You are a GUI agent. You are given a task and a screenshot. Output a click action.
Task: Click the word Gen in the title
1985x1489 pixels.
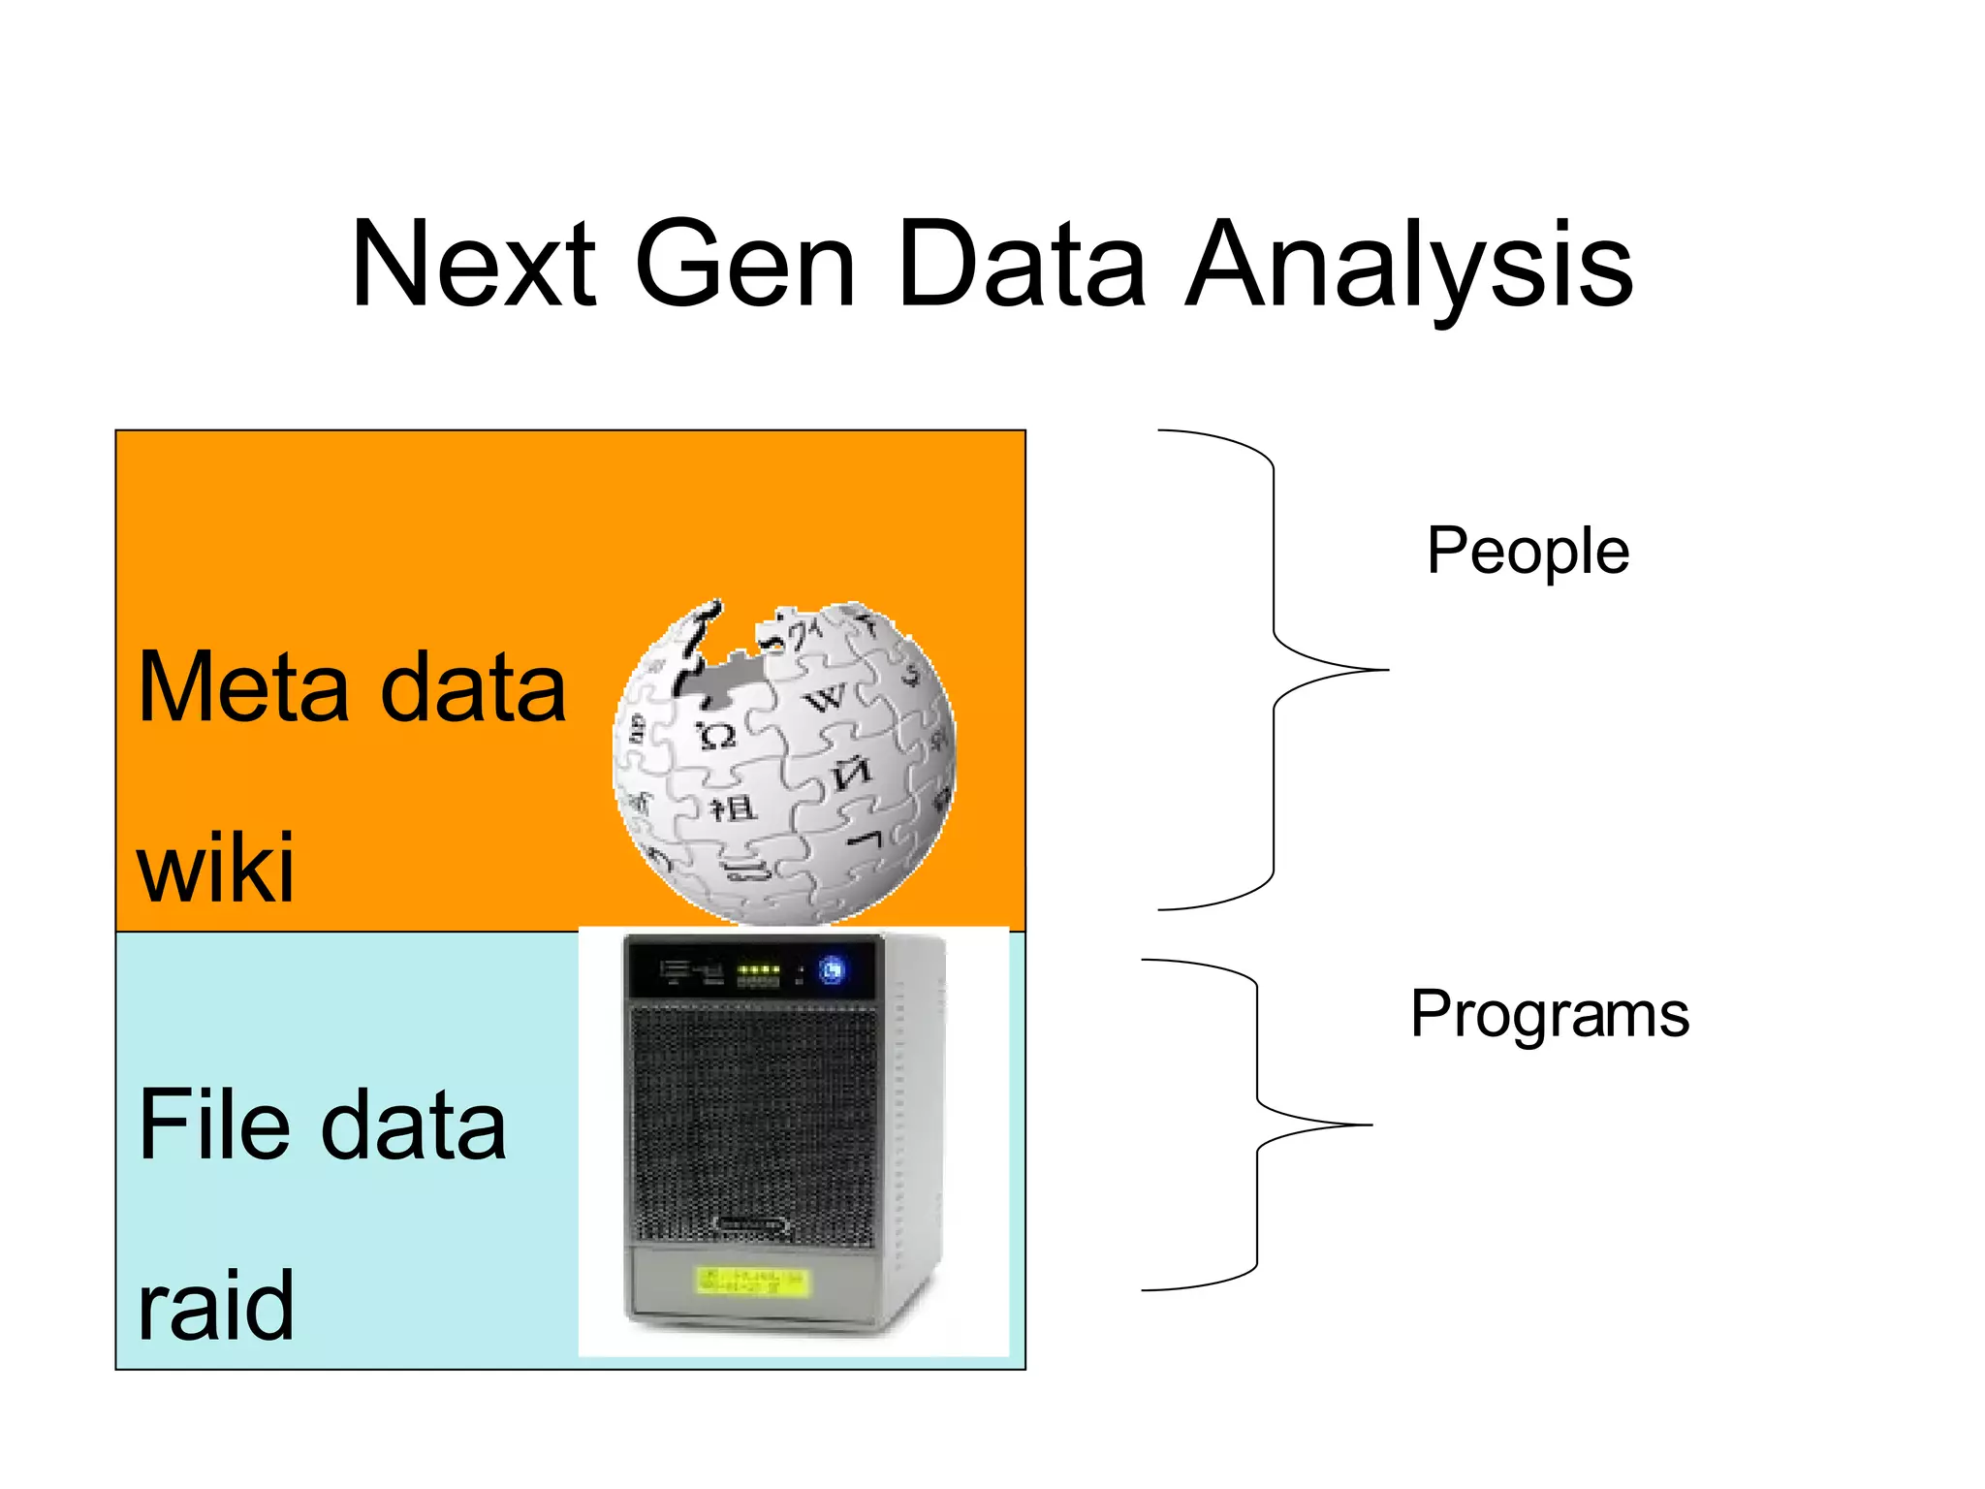coord(744,265)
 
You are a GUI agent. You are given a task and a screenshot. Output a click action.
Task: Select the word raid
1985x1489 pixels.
coord(215,1306)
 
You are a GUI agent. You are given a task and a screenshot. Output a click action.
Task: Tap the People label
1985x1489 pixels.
coord(1528,552)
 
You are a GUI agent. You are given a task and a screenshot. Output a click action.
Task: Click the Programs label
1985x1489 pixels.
coord(1549,1015)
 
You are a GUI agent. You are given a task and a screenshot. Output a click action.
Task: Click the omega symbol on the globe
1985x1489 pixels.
coord(717,737)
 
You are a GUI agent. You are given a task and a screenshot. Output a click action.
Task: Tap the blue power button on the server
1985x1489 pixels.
coord(832,969)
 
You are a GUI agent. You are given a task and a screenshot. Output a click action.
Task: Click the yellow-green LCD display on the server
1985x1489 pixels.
coord(752,1282)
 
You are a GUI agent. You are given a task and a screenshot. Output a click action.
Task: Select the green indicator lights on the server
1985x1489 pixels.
coord(759,968)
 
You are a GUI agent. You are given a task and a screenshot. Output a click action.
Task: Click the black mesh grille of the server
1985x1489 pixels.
coord(754,1125)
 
